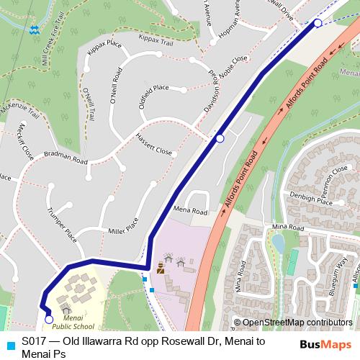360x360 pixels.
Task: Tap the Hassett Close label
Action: (154, 148)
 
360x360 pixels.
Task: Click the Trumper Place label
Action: (60, 224)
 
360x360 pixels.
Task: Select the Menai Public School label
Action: (78, 322)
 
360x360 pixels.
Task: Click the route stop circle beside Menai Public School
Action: (49, 320)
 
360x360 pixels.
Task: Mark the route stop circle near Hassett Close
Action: (220, 138)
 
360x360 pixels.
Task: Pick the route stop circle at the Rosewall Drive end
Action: (318, 24)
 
